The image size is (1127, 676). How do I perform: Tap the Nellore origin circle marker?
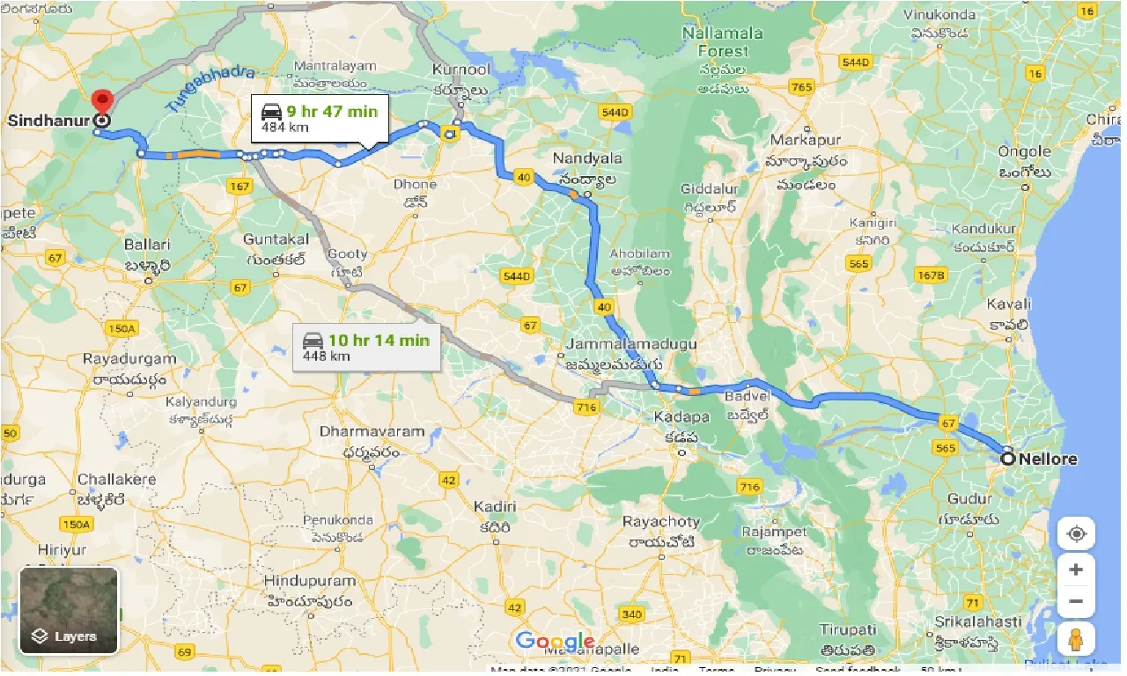point(1008,458)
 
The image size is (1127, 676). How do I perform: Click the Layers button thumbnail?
point(69,610)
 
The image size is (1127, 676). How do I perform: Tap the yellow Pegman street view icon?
point(1076,639)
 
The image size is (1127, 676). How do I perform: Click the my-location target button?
point(1076,534)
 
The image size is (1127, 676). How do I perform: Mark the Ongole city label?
point(1024,151)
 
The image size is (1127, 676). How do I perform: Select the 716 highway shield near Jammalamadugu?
point(585,407)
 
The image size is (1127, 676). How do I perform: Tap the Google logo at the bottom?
point(555,642)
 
